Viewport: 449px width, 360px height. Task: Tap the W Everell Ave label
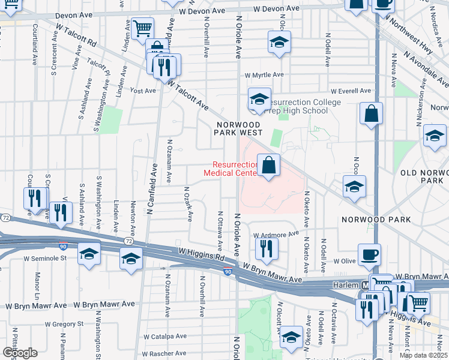pos(346,91)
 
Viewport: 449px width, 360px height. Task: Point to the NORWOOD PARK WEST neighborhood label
pos(240,127)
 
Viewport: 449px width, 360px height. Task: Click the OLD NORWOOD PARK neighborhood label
pos(424,176)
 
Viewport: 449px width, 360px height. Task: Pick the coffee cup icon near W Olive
pos(369,254)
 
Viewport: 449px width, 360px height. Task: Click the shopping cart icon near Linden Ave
pos(143,28)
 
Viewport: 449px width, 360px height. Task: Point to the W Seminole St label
pos(44,258)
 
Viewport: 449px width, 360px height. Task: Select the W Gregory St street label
pos(63,324)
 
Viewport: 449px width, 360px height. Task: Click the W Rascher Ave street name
pos(164,353)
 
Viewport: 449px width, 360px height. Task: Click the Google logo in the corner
pos(19,353)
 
